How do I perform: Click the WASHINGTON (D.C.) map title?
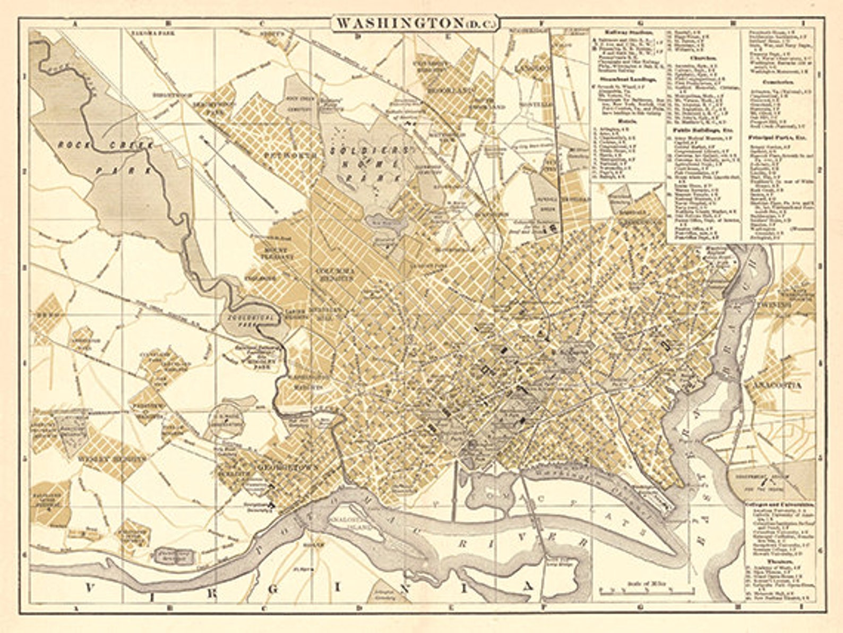[415, 23]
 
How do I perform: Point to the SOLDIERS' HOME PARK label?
[372, 165]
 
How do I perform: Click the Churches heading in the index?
[703, 57]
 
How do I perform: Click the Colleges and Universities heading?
[778, 504]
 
